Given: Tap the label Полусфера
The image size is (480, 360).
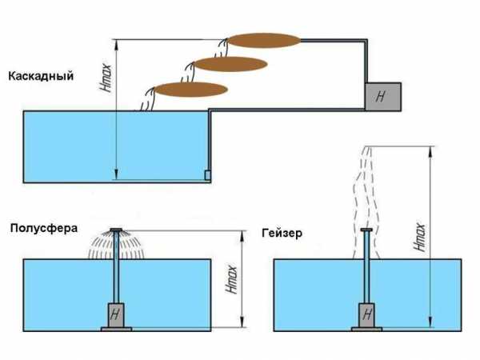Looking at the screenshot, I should pyautogui.click(x=43, y=227).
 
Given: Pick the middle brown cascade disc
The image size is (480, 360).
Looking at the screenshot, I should pyautogui.click(x=230, y=63).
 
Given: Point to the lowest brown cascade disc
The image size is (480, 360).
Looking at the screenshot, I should pyautogui.click(x=191, y=89).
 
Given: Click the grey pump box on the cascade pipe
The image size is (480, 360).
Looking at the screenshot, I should pyautogui.click(x=383, y=96).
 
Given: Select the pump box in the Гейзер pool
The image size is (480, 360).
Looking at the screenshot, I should pyautogui.click(x=366, y=314).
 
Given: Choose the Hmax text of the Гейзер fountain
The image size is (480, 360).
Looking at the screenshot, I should pyautogui.click(x=421, y=236).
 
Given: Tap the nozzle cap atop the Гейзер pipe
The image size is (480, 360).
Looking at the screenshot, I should pyautogui.click(x=366, y=231).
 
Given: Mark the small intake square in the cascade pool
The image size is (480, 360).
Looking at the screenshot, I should pyautogui.click(x=206, y=175).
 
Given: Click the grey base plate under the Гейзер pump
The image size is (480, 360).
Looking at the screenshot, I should pyautogui.click(x=366, y=327).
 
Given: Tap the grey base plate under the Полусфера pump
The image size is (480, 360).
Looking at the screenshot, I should pyautogui.click(x=117, y=327).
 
